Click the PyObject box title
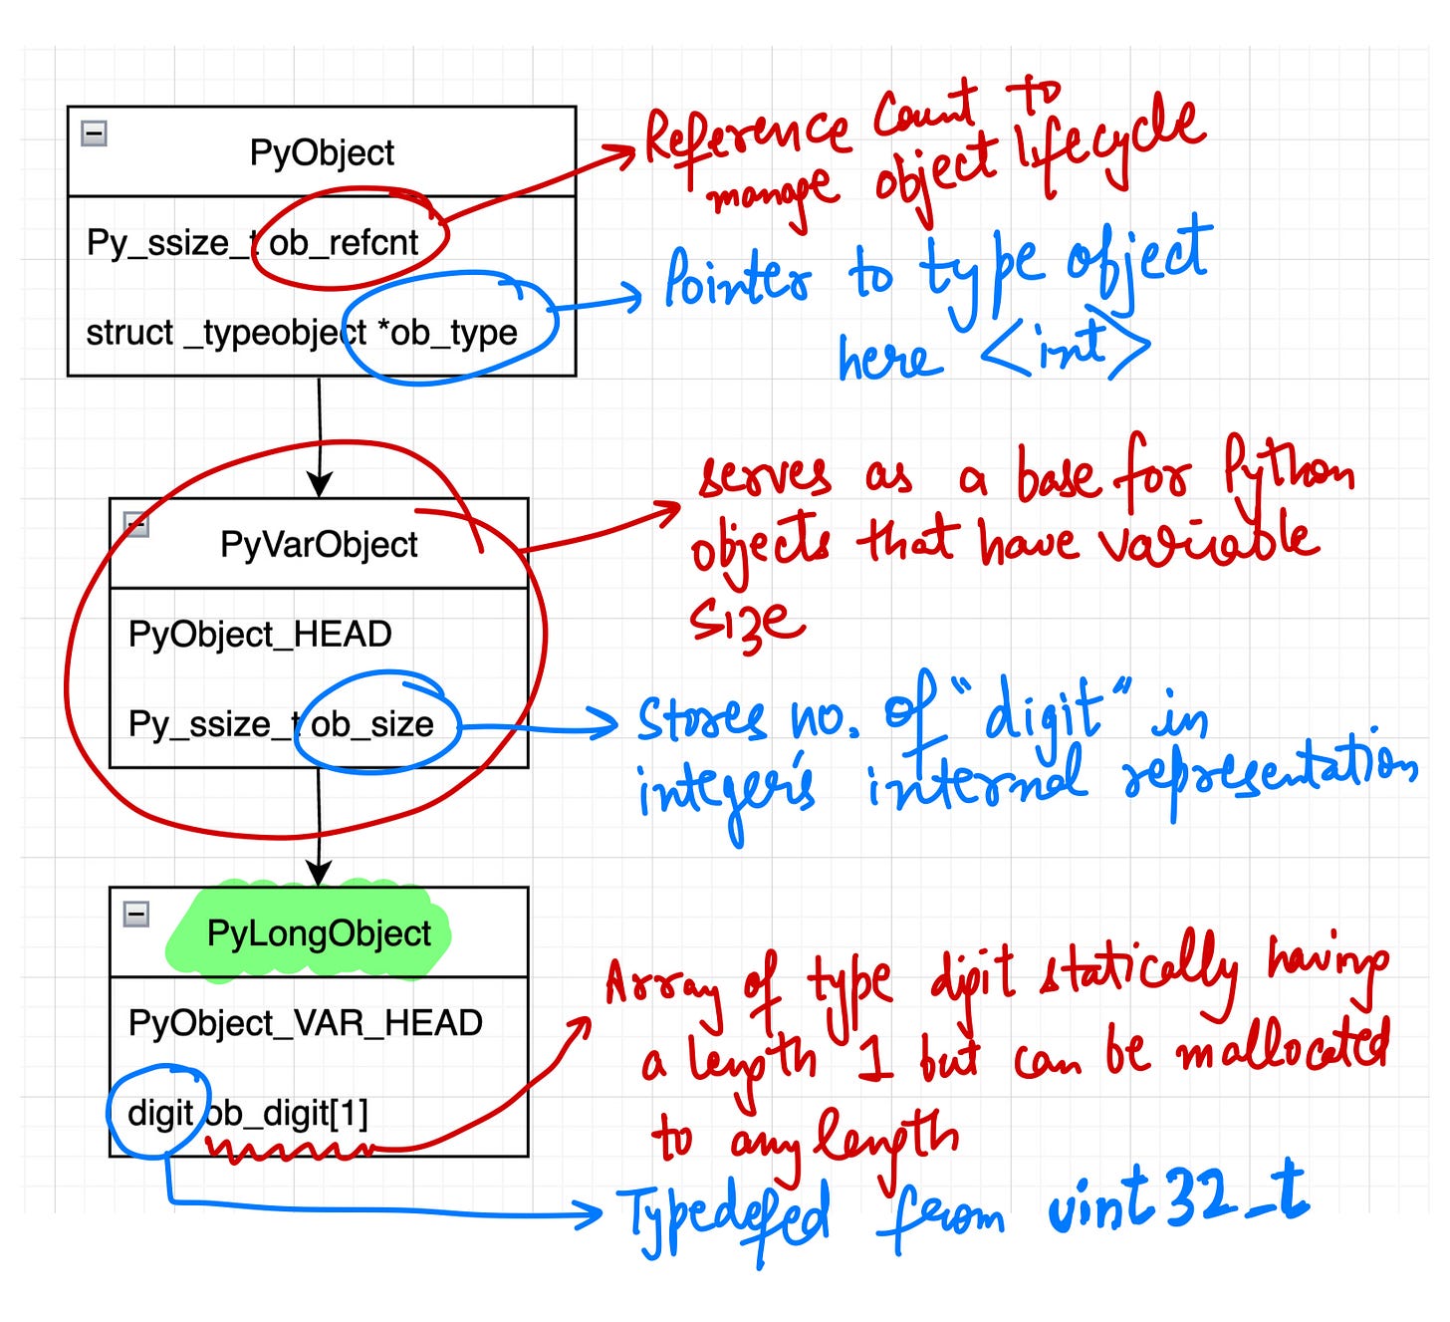[x=322, y=152]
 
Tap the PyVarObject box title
[x=319, y=544]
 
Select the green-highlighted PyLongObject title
[x=319, y=933]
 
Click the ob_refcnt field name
[x=345, y=242]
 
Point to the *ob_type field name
[x=447, y=332]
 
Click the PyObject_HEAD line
[x=260, y=634]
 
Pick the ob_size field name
[x=372, y=723]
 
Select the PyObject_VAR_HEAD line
[x=305, y=1022]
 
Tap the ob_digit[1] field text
[x=288, y=1113]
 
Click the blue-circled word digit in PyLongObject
[x=159, y=1113]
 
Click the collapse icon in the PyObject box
[x=95, y=132]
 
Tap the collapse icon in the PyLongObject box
[x=136, y=914]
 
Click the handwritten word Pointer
[x=737, y=279]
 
